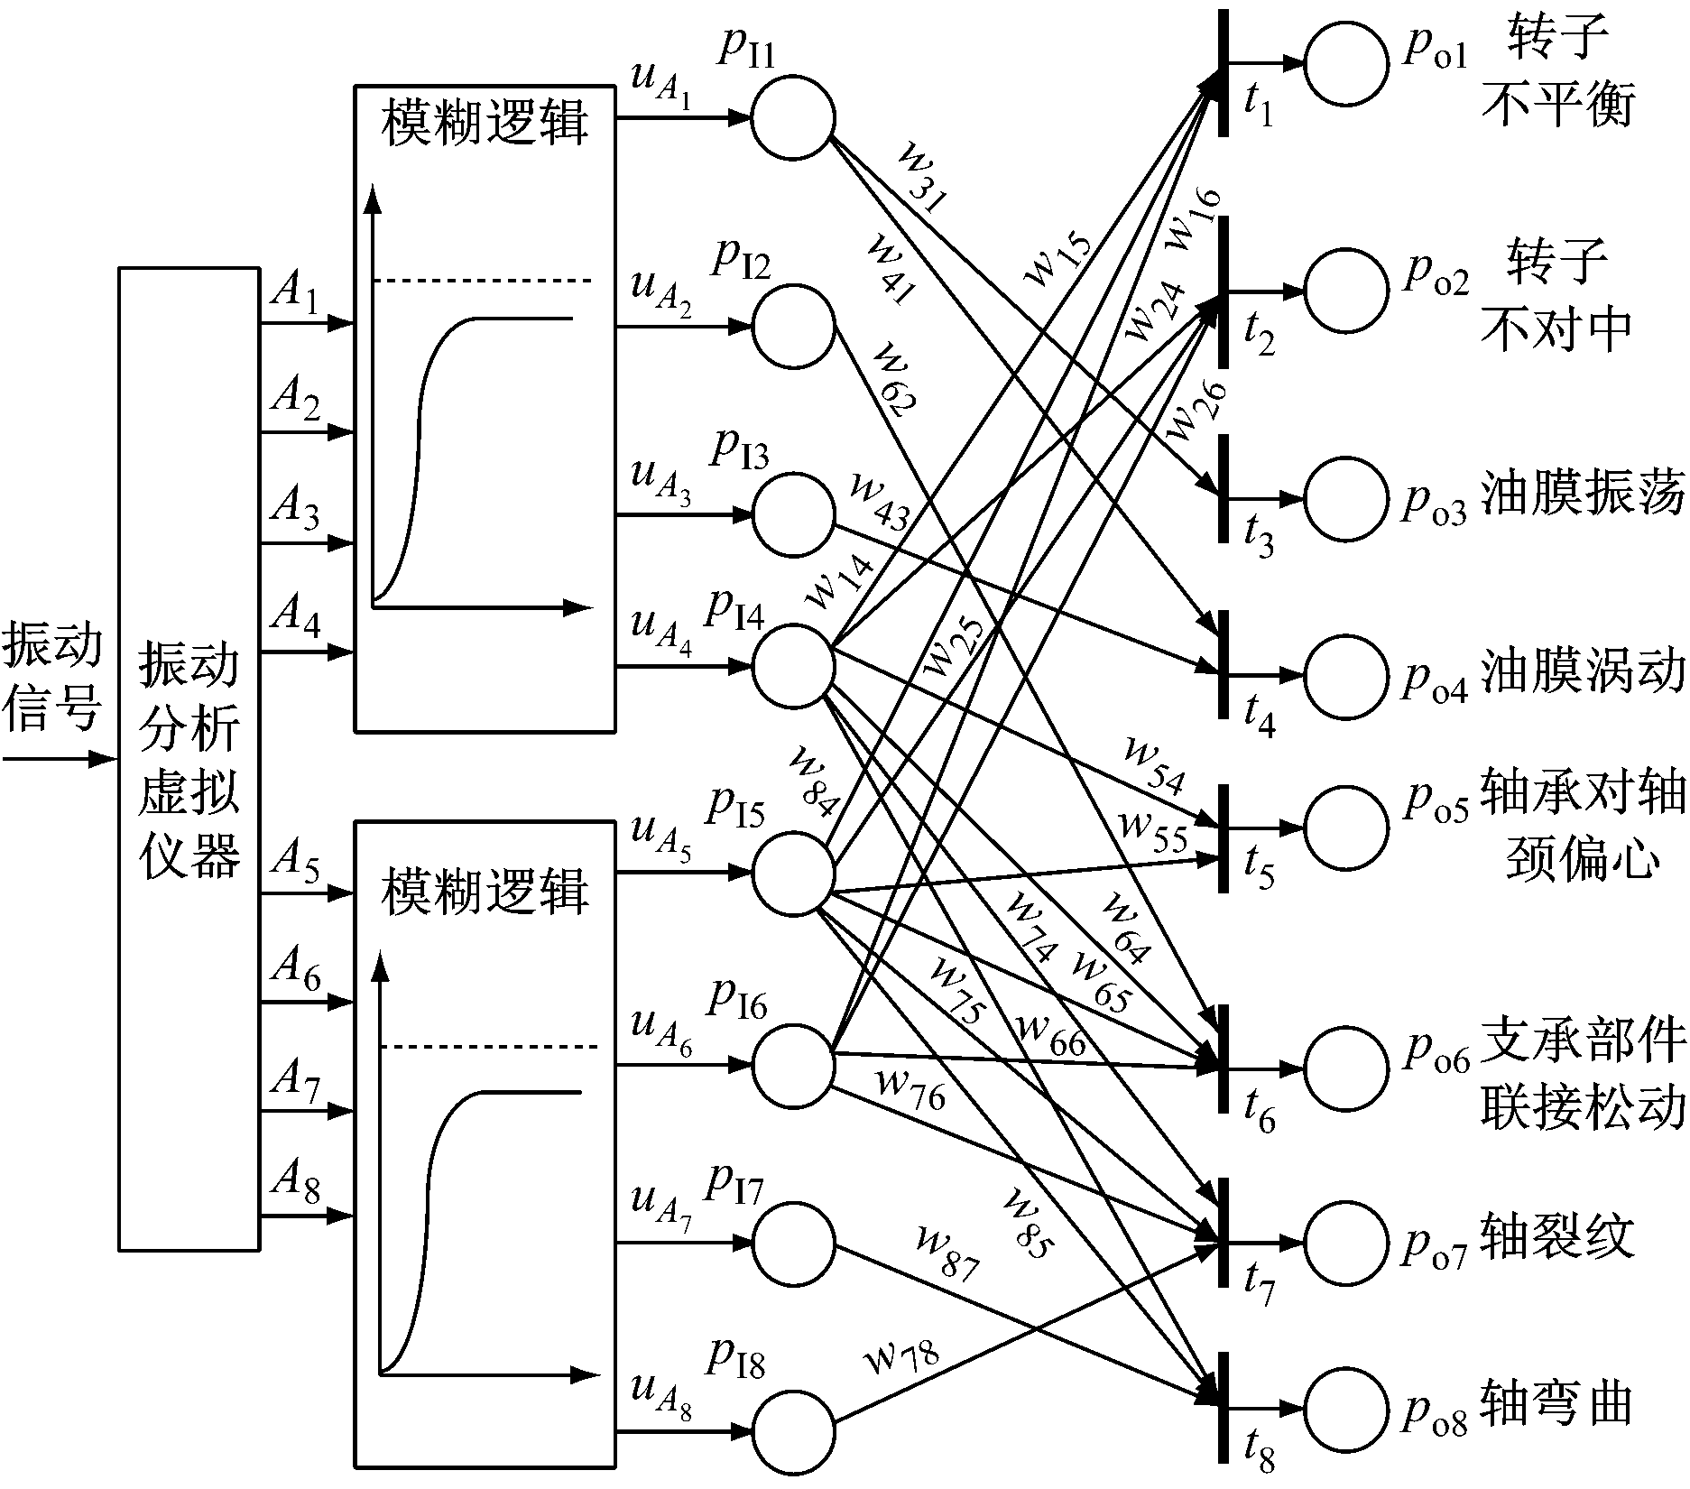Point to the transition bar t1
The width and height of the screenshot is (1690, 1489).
click(x=1224, y=72)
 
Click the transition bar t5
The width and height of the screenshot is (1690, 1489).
click(x=1224, y=837)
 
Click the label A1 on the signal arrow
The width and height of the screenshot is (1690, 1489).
click(x=295, y=294)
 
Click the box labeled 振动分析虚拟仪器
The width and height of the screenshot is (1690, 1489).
click(x=189, y=758)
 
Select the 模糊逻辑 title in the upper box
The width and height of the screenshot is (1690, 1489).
click(x=485, y=124)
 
